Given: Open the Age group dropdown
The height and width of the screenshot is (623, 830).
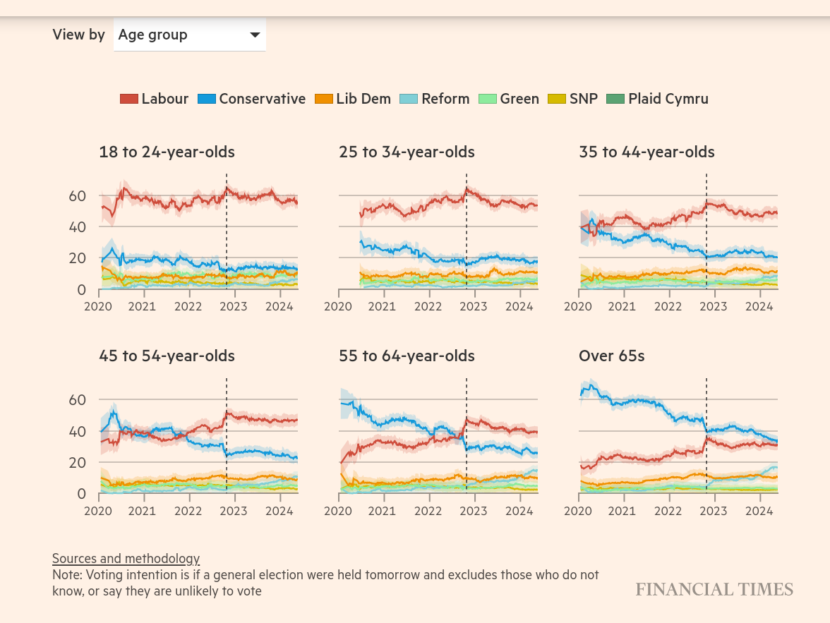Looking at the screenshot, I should click(189, 35).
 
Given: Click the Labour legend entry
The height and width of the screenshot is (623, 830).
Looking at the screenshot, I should click(155, 99).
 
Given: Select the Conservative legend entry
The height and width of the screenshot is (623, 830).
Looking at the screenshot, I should click(252, 99).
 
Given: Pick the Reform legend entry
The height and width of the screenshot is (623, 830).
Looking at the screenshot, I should click(435, 99).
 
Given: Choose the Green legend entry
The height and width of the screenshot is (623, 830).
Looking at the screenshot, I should click(509, 99).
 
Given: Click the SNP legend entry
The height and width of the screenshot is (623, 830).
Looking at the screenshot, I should click(573, 99).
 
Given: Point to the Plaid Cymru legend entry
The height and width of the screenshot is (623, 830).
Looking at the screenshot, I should click(658, 99).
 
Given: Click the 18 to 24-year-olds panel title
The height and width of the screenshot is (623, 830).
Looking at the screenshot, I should click(167, 152).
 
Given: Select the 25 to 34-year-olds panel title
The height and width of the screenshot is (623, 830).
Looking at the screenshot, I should click(407, 152).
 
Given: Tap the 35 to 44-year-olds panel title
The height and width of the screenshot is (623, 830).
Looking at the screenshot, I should click(646, 152).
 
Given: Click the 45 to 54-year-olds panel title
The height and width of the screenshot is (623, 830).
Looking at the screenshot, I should click(167, 356).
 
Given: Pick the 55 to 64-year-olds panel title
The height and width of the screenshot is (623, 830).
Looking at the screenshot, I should click(407, 356).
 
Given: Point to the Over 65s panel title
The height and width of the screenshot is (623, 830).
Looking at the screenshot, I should click(612, 356).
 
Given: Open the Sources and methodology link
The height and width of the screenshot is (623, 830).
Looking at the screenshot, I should click(126, 559).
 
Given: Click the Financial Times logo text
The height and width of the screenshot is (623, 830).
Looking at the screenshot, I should click(714, 590).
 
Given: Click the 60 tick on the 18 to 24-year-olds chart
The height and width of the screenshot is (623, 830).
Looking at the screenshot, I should click(78, 195).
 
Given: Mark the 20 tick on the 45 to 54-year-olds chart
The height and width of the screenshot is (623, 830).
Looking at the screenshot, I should click(78, 463).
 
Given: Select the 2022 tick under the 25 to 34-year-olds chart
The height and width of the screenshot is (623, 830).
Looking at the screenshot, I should click(428, 306).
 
